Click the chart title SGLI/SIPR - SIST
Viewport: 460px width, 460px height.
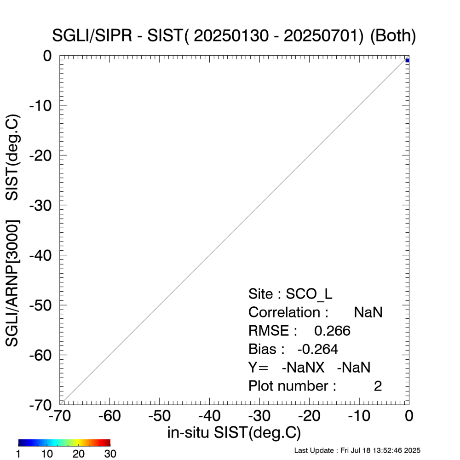[x=234, y=36]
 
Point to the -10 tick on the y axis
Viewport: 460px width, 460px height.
[x=43, y=105]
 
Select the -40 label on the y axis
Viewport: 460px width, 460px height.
[x=43, y=255]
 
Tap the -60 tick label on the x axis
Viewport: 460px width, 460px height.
[x=109, y=416]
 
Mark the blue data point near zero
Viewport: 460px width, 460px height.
[x=407, y=61]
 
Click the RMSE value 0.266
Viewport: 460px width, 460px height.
[x=332, y=331]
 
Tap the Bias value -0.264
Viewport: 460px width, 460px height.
[x=318, y=349]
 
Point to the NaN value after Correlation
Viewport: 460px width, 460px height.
[x=368, y=312]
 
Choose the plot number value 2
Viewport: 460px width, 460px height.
[x=378, y=386]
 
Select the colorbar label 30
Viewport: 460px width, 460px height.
[x=110, y=454]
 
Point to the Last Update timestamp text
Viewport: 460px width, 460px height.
[x=357, y=450]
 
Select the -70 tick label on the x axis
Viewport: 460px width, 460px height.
[x=59, y=416]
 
